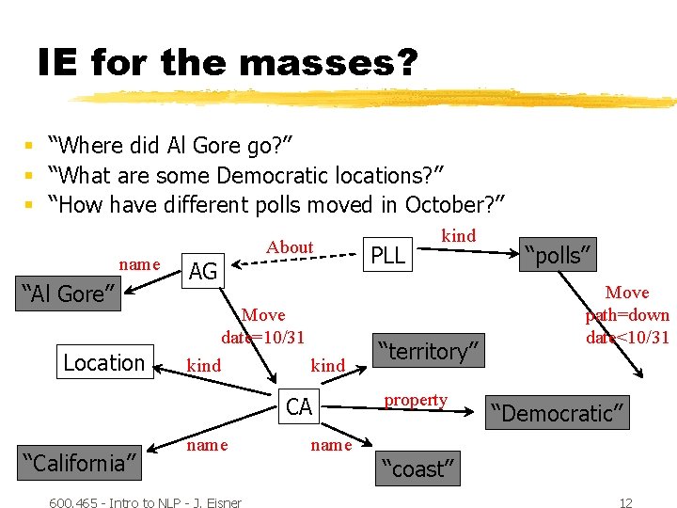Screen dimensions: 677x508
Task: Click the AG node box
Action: pos(203,272)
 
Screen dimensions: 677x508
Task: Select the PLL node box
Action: pos(387,254)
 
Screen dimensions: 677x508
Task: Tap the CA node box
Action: pos(299,406)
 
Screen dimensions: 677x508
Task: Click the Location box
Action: pos(103,362)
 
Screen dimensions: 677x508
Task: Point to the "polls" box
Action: pos(559,254)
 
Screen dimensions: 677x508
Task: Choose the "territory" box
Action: pos(429,351)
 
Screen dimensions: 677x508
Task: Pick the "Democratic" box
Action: pos(555,413)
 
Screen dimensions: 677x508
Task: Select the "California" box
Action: pos(80,462)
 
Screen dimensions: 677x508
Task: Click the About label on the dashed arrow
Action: pos(290,247)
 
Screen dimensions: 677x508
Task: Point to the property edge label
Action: pos(416,400)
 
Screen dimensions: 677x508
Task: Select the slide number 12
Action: pos(625,502)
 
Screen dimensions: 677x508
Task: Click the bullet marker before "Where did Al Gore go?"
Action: pos(30,146)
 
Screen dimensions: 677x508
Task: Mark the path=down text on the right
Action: pos(627,315)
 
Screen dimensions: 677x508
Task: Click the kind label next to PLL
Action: pos(459,236)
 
